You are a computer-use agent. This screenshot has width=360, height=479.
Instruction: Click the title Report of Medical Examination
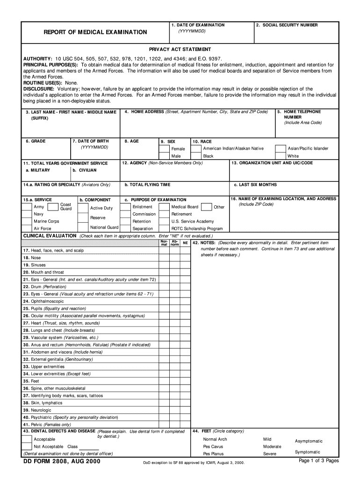pyautogui.click(x=95, y=32)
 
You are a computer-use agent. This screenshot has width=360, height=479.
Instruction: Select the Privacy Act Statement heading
pyautogui.click(x=180, y=49)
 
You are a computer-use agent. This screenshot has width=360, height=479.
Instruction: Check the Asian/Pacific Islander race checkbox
pyautogui.click(x=281, y=149)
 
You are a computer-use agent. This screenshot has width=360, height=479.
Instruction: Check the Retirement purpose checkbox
pyautogui.click(x=165, y=214)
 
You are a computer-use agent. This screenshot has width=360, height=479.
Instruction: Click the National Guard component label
pyautogui.click(x=104, y=227)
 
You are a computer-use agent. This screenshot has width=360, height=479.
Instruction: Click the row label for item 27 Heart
pyautogui.click(x=61, y=323)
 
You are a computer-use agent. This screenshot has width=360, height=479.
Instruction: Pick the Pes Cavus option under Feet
pyautogui.click(x=213, y=447)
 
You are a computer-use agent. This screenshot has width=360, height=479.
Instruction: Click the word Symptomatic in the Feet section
pyautogui.click(x=308, y=452)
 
